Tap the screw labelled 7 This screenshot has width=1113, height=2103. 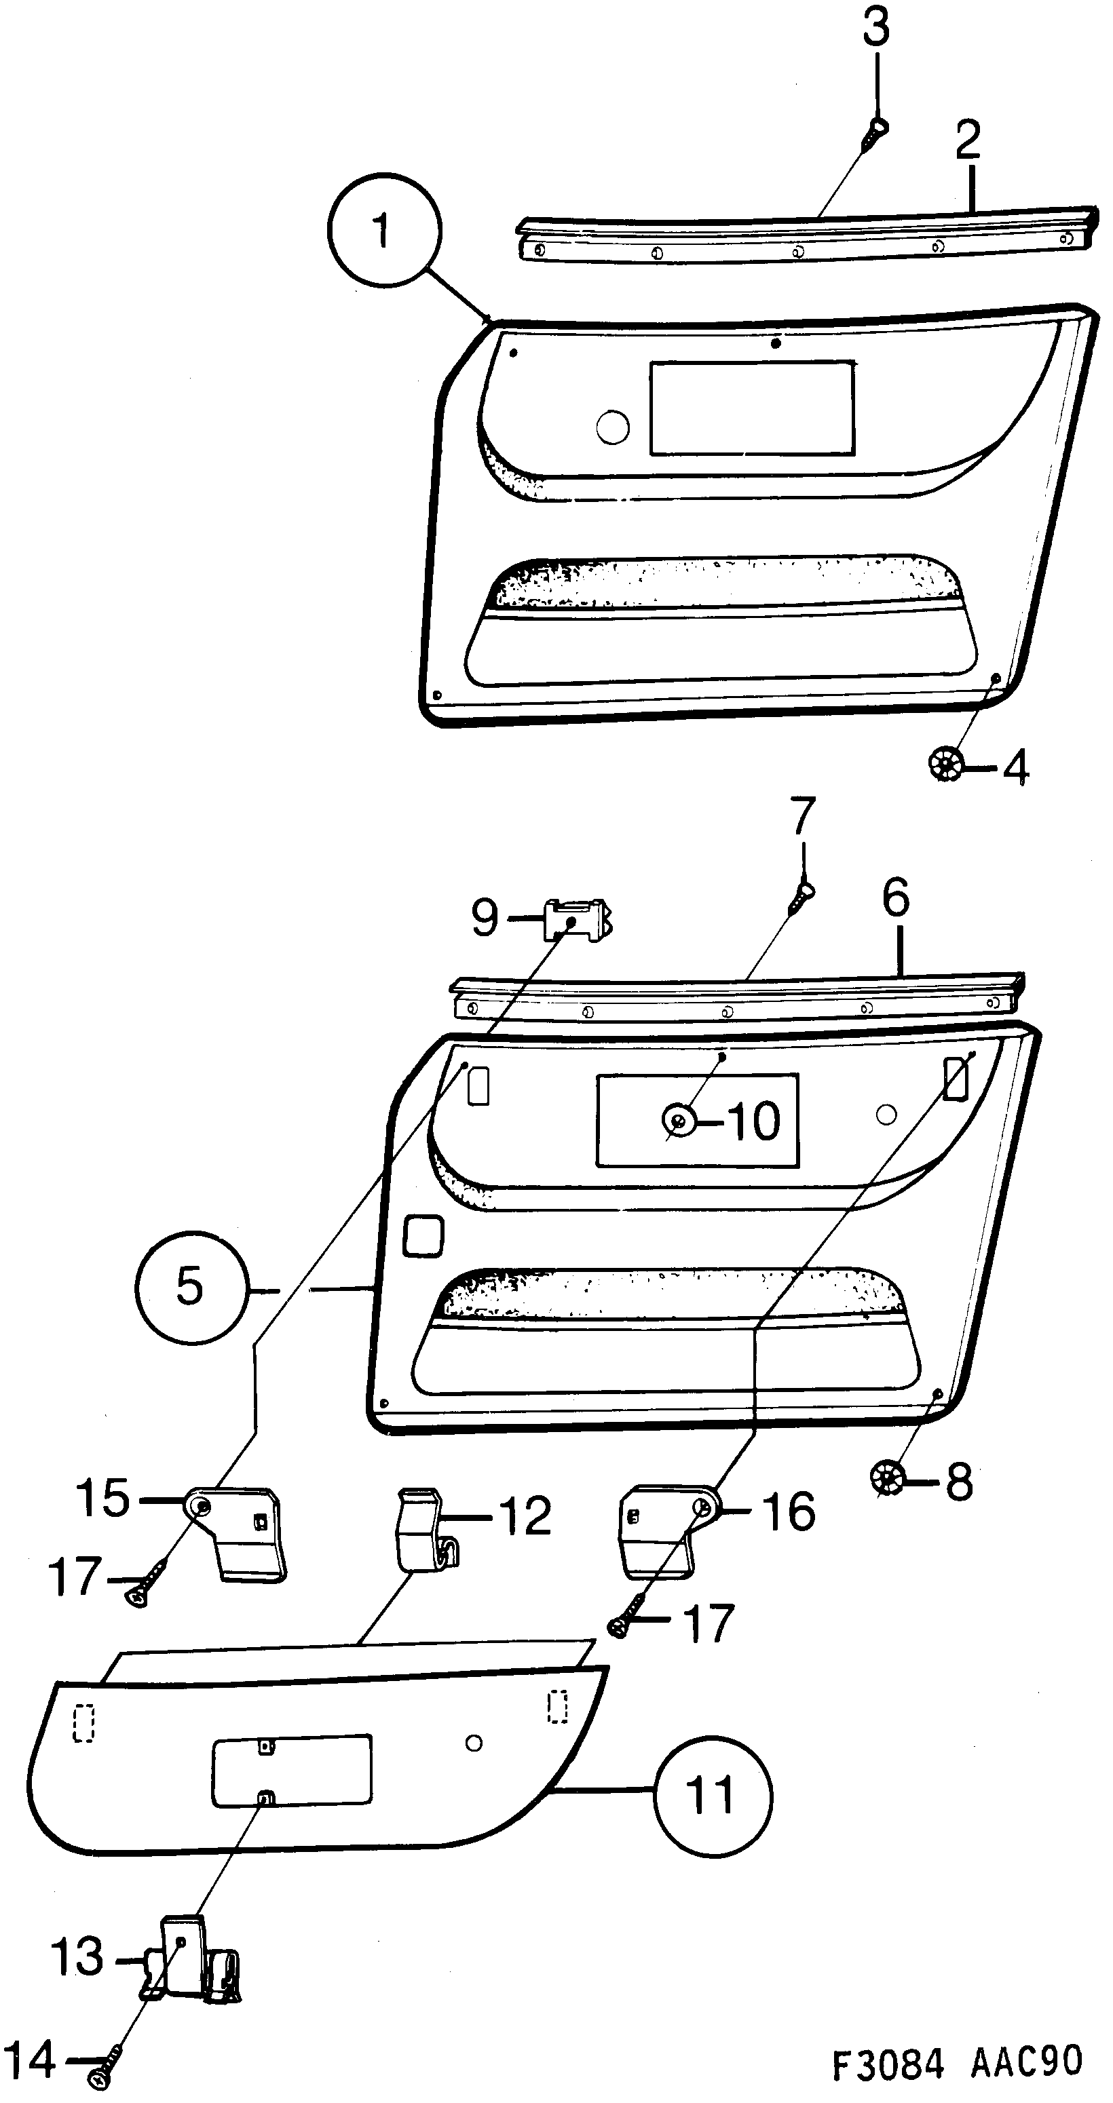802,898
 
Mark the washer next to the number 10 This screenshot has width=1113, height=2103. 679,1119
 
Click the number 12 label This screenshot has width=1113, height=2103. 525,1517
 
